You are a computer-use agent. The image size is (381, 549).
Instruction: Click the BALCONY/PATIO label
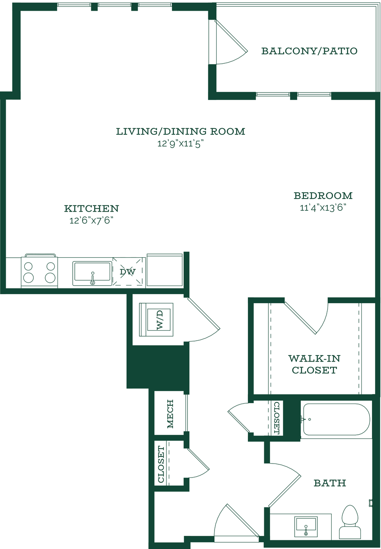309,51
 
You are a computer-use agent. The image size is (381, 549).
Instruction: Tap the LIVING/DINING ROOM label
180,131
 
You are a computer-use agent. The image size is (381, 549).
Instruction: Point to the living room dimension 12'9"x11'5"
180,144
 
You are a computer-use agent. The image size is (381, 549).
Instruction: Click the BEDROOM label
323,196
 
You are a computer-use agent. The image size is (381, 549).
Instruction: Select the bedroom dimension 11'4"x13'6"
323,208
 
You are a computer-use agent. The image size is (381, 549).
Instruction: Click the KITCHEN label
92,209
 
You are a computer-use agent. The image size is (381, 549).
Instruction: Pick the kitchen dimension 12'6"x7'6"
92,221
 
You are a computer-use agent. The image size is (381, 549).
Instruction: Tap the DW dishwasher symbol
128,271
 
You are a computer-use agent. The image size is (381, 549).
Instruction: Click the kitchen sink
92,273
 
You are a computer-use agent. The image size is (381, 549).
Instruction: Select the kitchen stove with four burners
39,271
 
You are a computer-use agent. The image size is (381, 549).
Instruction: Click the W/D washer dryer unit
156,320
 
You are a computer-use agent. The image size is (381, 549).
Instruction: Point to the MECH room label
170,414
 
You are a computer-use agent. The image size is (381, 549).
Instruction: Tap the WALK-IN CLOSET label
314,364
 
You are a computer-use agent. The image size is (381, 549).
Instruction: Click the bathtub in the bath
336,419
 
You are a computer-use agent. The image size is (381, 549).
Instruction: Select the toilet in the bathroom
350,521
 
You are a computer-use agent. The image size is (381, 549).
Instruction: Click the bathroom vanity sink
306,526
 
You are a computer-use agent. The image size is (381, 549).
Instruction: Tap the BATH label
330,483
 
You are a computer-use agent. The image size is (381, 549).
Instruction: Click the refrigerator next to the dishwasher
165,270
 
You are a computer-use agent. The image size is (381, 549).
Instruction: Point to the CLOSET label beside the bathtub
277,418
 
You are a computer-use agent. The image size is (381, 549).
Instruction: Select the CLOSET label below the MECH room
161,464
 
